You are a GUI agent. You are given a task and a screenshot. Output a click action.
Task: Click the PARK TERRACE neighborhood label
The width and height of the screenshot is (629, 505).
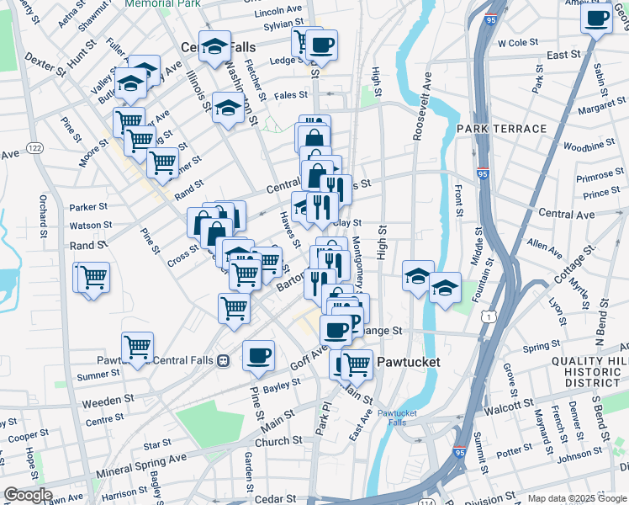(501, 129)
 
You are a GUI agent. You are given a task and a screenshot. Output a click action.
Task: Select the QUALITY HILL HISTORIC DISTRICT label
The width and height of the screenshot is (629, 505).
(589, 372)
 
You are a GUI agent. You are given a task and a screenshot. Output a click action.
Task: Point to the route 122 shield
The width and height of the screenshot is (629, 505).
(34, 148)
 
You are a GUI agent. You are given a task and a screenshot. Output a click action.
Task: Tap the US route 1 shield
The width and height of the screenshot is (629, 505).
(488, 316)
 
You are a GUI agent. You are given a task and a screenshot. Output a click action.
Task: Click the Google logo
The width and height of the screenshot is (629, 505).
(27, 496)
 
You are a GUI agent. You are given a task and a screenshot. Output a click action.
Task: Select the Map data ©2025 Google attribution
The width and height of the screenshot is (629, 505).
(576, 498)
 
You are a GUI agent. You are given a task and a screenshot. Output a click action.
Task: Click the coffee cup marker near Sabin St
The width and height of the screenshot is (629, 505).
(596, 18)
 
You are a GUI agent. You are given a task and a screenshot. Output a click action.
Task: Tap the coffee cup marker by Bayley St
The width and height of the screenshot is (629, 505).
(258, 354)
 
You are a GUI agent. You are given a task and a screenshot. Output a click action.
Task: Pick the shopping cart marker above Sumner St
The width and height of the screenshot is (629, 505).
(137, 345)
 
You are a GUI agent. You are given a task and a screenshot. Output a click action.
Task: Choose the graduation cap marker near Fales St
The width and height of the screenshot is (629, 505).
(227, 107)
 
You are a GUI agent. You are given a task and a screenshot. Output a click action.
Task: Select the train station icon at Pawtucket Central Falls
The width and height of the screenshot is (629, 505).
(223, 360)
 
